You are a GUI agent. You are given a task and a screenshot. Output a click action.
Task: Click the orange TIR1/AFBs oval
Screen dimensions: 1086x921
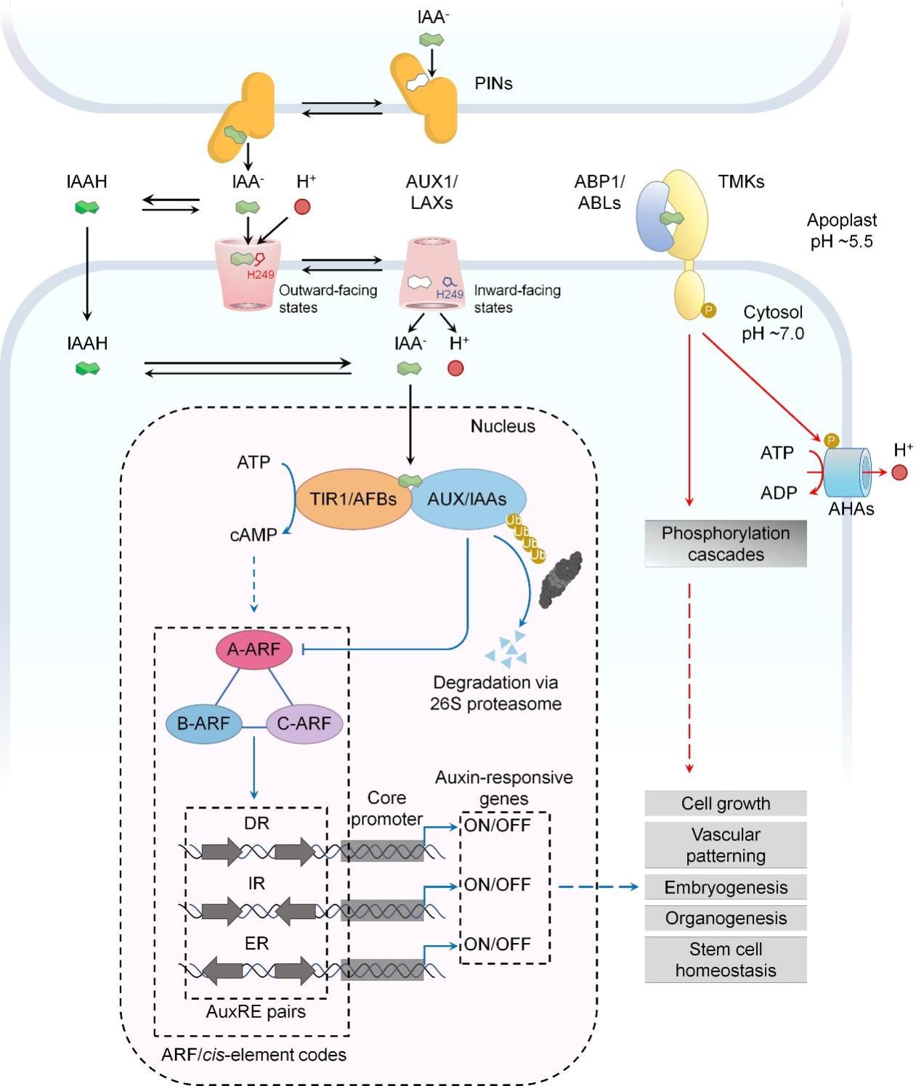pyautogui.click(x=353, y=499)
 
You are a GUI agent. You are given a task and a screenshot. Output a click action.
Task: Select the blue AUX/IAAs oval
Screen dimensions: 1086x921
pyautogui.click(x=467, y=499)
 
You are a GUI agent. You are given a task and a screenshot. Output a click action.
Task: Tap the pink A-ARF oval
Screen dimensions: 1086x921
pyautogui.click(x=253, y=649)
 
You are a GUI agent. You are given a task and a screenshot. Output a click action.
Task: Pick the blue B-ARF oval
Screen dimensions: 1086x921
pyautogui.click(x=203, y=723)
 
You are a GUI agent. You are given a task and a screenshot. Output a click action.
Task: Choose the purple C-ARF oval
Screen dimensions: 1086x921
pyautogui.click(x=304, y=723)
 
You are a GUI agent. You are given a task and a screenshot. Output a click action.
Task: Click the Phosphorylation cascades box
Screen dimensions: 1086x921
pyautogui.click(x=725, y=544)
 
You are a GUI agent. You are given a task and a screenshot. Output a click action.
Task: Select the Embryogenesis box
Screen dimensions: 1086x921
pyautogui.click(x=725, y=887)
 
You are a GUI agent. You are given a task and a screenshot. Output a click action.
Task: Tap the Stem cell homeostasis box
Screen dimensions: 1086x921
pyautogui.click(x=725, y=960)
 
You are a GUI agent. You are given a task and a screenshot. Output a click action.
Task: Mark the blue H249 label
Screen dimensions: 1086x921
pyautogui.click(x=450, y=294)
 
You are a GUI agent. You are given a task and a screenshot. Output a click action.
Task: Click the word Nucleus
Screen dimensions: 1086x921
pyautogui.click(x=503, y=426)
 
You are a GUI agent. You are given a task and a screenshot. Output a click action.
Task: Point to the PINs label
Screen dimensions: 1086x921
pyautogui.click(x=493, y=83)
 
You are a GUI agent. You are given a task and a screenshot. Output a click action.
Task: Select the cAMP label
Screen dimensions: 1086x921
pyautogui.click(x=253, y=535)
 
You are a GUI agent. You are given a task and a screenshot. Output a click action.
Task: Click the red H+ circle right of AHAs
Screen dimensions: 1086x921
pyautogui.click(x=899, y=473)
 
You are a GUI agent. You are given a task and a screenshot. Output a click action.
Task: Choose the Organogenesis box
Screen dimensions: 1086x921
pyautogui.click(x=725, y=918)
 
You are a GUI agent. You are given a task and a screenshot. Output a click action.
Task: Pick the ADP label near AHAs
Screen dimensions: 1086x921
pyautogui.click(x=779, y=493)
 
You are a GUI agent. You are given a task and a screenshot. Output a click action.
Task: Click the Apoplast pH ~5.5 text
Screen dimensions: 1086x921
pyautogui.click(x=841, y=230)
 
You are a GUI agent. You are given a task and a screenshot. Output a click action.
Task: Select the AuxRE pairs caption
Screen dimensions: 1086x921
pyautogui.click(x=256, y=1011)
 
